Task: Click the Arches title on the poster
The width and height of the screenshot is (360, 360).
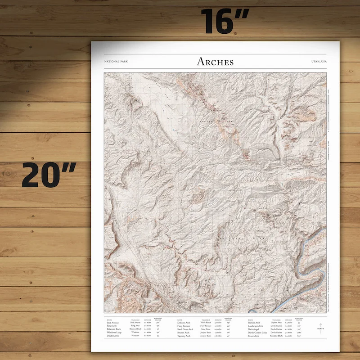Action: tap(215, 62)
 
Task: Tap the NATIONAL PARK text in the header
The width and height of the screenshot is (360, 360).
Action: tap(116, 61)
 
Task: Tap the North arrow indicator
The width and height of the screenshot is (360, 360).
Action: tap(321, 328)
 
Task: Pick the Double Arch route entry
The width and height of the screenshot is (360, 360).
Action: tap(112, 336)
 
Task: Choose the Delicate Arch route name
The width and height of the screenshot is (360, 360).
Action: tap(186, 322)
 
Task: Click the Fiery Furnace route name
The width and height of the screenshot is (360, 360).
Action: tap(186, 325)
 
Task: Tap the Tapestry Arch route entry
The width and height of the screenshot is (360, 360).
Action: tap(187, 336)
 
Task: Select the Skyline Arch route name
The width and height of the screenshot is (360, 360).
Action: tap(254, 322)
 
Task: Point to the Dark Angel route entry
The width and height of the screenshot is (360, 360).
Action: tap(253, 329)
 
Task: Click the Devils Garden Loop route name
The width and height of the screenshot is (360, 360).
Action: tap(257, 332)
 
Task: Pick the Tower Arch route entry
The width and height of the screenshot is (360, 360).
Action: tap(253, 336)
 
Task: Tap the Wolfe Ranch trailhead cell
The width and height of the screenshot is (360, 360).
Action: tap(206, 322)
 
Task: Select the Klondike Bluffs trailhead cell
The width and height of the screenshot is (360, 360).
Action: tap(276, 336)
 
